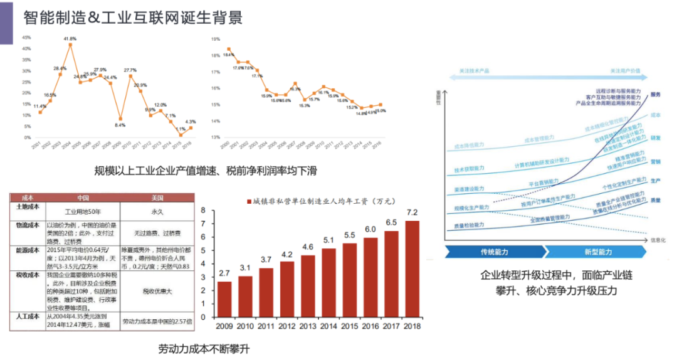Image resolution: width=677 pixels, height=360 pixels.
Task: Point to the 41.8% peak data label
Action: (x=70, y=39)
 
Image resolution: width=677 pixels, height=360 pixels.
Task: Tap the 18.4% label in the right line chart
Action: (x=228, y=55)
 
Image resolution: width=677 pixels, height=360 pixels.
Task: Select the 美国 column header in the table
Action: (x=157, y=196)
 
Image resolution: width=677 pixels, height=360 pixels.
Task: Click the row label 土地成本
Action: (x=28, y=206)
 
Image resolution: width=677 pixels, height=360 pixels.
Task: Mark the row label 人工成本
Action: (x=28, y=317)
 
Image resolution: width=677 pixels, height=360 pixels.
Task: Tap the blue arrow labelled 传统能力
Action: (x=495, y=252)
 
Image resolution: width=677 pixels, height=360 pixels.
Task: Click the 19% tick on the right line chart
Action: (x=215, y=39)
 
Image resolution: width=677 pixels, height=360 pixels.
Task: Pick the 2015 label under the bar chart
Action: (x=349, y=327)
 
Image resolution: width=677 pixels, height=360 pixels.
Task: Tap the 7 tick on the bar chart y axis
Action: (x=203, y=224)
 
